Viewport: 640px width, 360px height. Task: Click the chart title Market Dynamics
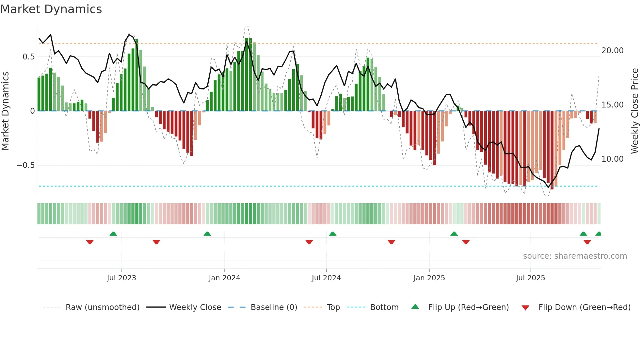pyautogui.click(x=51, y=9)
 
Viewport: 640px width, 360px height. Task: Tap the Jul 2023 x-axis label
pyautogui.click(x=121, y=278)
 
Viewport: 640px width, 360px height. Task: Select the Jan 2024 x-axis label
pyautogui.click(x=224, y=278)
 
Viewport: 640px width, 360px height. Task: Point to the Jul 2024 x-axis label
pyautogui.click(x=326, y=278)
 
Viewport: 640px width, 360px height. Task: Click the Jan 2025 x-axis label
pyautogui.click(x=429, y=278)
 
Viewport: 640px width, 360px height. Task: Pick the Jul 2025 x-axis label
pyautogui.click(x=530, y=278)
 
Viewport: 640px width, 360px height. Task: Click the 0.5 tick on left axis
pyautogui.click(x=28, y=57)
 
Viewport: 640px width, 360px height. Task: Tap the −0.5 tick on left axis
pyautogui.click(x=26, y=165)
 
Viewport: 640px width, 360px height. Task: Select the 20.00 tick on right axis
pyautogui.click(x=612, y=51)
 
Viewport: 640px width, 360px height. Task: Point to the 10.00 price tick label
pyautogui.click(x=612, y=159)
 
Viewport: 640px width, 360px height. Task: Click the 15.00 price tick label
pyautogui.click(x=612, y=105)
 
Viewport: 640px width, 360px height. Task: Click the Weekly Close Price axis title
pyautogui.click(x=634, y=111)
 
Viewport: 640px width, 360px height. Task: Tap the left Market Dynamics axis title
pyautogui.click(x=5, y=111)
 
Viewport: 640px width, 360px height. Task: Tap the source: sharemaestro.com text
pyautogui.click(x=575, y=256)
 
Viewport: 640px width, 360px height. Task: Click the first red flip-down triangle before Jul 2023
pyautogui.click(x=90, y=242)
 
